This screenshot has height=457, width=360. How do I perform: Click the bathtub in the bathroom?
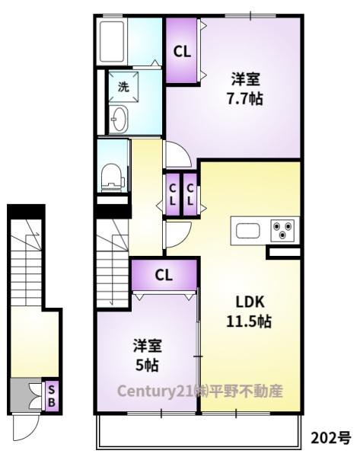click(x=112, y=41)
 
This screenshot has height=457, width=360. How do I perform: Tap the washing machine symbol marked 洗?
click(x=123, y=87)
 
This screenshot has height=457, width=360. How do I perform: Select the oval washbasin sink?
click(x=119, y=119)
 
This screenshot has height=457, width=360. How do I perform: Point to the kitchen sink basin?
click(x=247, y=231)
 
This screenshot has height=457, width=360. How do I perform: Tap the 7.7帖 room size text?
click(x=245, y=99)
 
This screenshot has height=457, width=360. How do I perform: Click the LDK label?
click(x=250, y=302)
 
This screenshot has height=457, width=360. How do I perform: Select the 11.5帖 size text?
click(x=249, y=321)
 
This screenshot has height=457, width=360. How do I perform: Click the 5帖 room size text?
click(x=147, y=365)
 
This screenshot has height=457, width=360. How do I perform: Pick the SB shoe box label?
click(x=51, y=396)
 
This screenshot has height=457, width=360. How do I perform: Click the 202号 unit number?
click(x=331, y=437)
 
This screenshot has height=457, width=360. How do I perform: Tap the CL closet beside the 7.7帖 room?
click(x=182, y=51)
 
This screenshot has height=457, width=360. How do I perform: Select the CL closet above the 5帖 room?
click(x=164, y=274)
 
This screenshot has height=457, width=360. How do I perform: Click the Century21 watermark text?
click(x=200, y=391)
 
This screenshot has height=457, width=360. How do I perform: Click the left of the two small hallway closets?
click(x=173, y=194)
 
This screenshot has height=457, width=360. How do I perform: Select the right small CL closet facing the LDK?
click(x=190, y=194)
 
